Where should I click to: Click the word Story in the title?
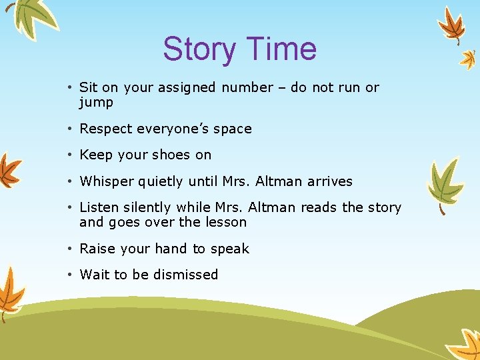[x=200, y=49]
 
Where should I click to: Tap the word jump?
[x=96, y=103]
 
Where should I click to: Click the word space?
[x=232, y=129]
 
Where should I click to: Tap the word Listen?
[x=98, y=208]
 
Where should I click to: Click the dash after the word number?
[x=282, y=88]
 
